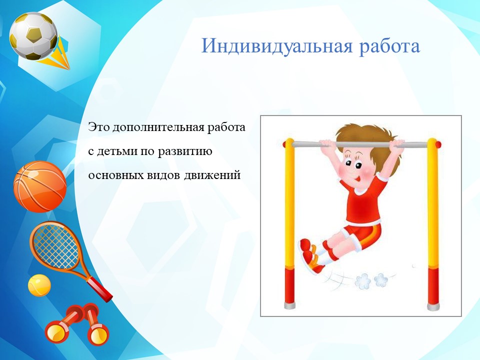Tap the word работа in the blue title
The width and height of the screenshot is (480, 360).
tap(389, 46)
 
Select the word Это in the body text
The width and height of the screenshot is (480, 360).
tap(98, 127)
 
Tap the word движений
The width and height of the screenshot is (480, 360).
tap(212, 175)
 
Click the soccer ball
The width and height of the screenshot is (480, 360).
tap(33, 36)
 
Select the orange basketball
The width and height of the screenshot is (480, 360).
tap(40, 186)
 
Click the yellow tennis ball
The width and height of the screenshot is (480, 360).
tap(39, 285)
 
